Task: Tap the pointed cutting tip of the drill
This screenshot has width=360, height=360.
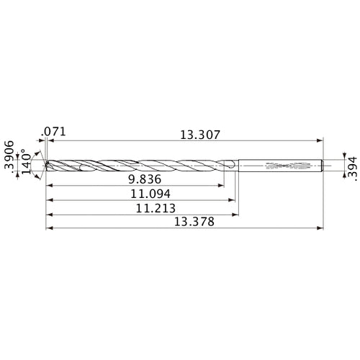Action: [x=45, y=166]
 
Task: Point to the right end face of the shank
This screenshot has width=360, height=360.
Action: [x=322, y=166]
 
